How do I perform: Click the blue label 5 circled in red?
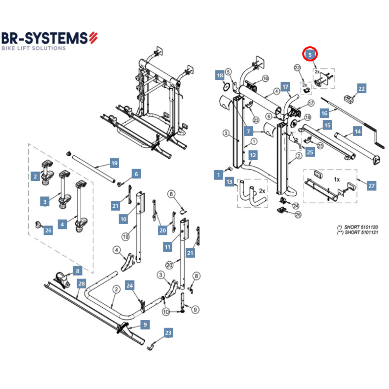pyautogui.click(x=310, y=55)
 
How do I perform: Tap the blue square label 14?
pyautogui.click(x=357, y=131)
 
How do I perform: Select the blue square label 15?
pyautogui.click(x=328, y=126)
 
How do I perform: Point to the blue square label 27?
pyautogui.click(x=371, y=186)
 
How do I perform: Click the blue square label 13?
pyautogui.click(x=230, y=182)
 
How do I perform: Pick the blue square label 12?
pyautogui.click(x=253, y=156)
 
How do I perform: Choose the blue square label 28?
pyautogui.click(x=81, y=284)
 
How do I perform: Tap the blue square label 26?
pyautogui.click(x=48, y=231)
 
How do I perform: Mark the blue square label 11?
pyautogui.click(x=168, y=247)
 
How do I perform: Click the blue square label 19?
pyautogui.click(x=114, y=163)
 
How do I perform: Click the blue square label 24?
pyautogui.click(x=130, y=286)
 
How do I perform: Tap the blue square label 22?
pyautogui.click(x=361, y=89)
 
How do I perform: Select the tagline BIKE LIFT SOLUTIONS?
pyautogui.click(x=33, y=48)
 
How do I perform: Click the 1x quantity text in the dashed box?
pyautogui.click(x=337, y=180)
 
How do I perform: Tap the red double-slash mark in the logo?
pyautogui.click(x=93, y=38)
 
